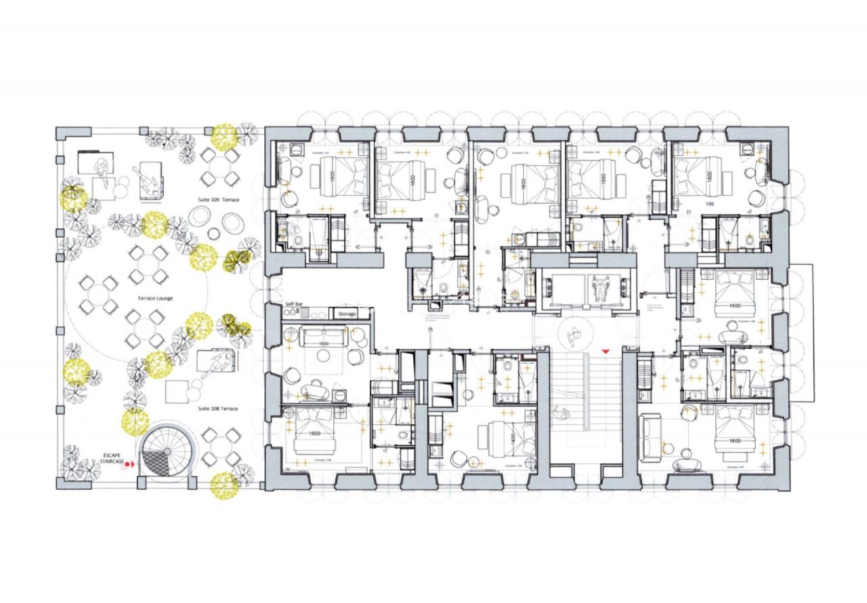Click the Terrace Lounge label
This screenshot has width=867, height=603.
coord(155,298)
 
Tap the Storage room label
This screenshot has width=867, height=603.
coord(347,314)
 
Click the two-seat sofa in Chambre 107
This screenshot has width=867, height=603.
coord(652,434)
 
